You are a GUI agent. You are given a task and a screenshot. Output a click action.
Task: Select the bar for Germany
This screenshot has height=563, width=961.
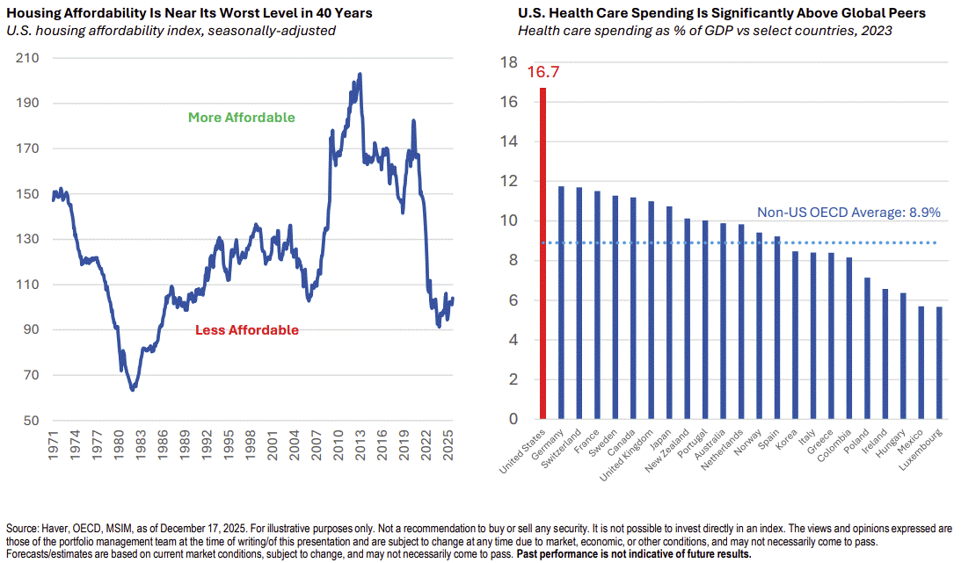561,302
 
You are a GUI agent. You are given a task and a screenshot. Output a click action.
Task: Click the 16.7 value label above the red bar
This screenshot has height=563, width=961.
542,72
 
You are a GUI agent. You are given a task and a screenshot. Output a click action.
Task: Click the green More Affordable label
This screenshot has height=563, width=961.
241,118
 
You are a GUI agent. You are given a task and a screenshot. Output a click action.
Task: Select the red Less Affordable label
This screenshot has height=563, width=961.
246,330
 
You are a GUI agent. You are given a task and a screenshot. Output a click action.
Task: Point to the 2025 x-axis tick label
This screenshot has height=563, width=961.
449,447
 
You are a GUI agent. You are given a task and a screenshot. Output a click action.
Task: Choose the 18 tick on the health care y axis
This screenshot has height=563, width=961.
508,62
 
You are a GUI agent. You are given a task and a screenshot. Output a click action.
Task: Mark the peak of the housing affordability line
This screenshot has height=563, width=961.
360,75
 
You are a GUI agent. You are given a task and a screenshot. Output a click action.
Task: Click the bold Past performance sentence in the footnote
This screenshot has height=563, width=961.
633,554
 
